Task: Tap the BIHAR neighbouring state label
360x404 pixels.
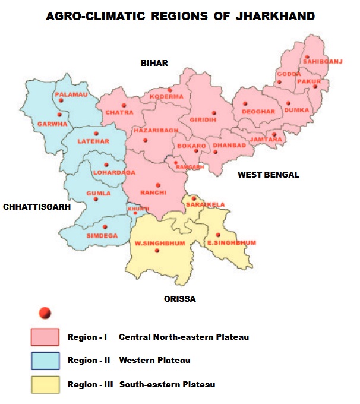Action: click(154, 63)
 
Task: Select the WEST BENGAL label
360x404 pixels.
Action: click(269, 175)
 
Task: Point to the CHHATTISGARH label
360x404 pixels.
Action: click(37, 207)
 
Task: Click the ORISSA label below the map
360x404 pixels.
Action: click(179, 299)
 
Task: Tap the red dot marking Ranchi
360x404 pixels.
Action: click(158, 185)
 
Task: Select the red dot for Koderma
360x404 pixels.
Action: click(169, 90)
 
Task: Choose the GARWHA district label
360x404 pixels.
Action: click(52, 124)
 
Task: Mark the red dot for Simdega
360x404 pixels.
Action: click(105, 226)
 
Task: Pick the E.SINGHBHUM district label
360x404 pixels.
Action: click(231, 242)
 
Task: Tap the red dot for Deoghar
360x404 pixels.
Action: click(245, 103)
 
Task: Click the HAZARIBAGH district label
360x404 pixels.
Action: click(156, 130)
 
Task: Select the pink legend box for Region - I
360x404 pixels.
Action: click(45, 337)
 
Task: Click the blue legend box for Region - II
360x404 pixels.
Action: click(45, 361)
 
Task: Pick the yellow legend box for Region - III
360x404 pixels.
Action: click(45, 384)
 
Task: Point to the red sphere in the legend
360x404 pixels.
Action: click(44, 313)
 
